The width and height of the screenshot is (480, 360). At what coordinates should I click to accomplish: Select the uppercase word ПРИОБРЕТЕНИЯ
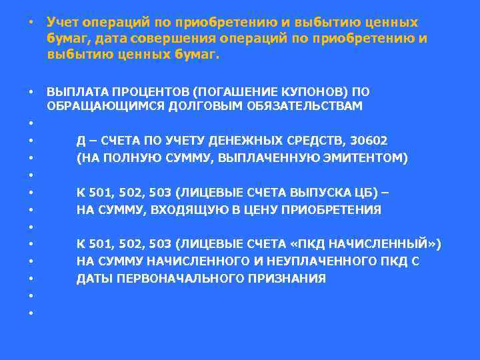tap(335, 210)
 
